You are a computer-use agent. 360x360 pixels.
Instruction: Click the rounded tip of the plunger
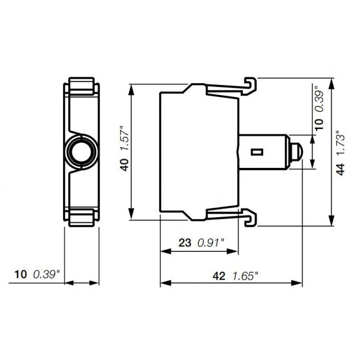(x=299, y=151)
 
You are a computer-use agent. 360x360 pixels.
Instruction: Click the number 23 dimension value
(x=184, y=242)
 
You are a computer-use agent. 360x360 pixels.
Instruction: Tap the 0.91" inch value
(x=212, y=242)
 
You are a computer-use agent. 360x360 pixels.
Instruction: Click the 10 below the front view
(x=20, y=274)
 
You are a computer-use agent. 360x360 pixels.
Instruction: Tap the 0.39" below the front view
(x=47, y=274)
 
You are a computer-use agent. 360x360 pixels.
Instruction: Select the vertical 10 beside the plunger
(x=319, y=125)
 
